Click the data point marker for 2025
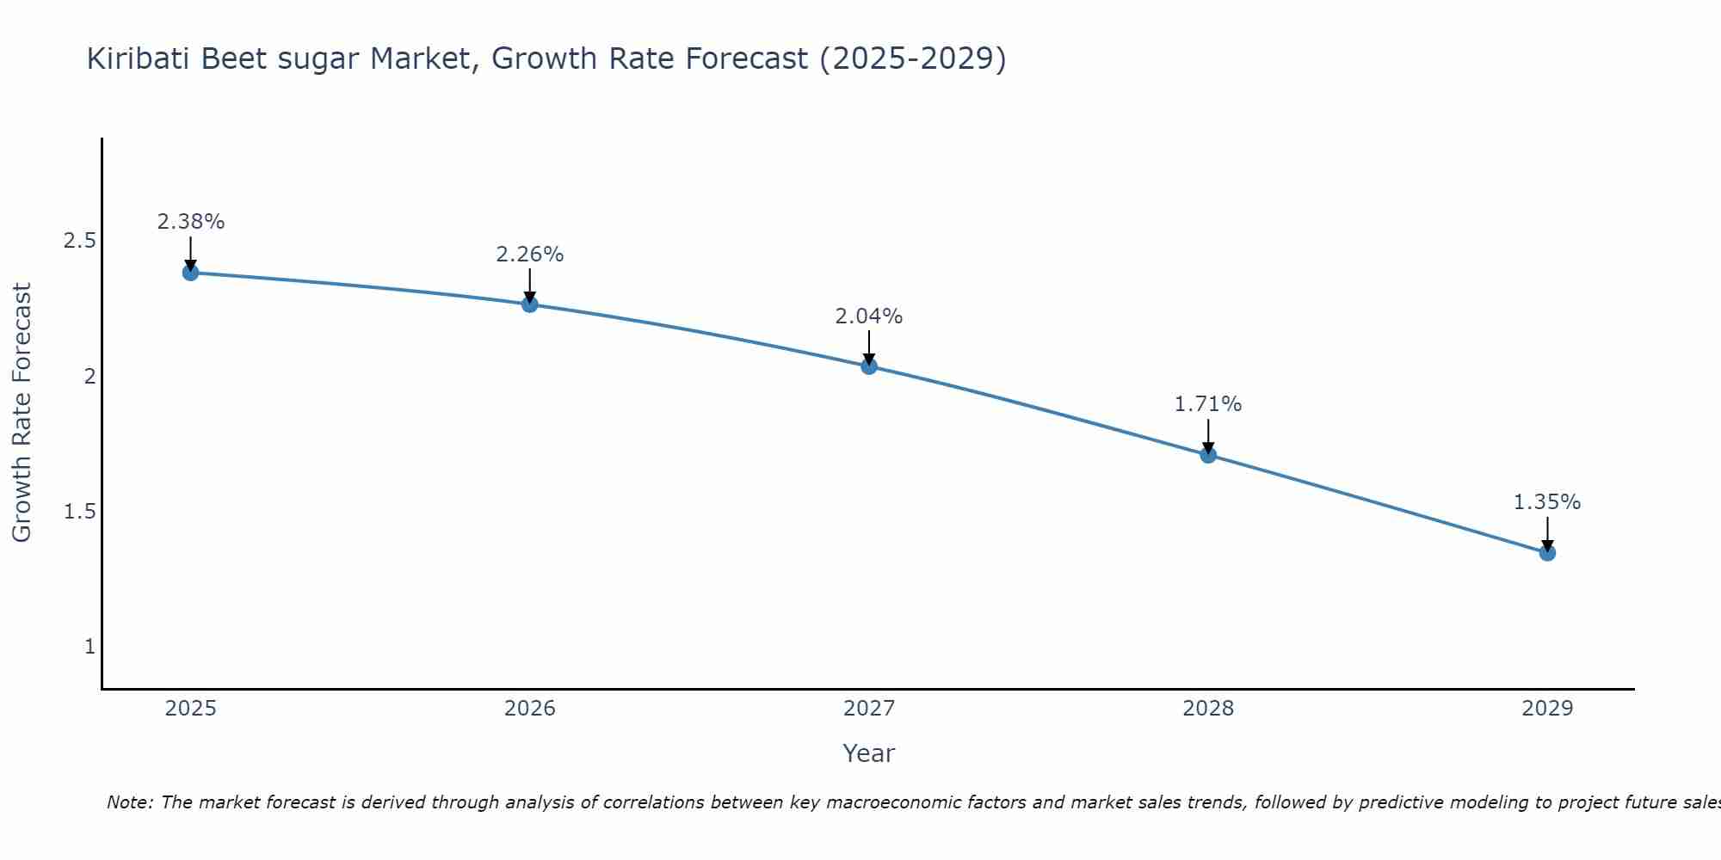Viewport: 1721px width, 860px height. point(190,273)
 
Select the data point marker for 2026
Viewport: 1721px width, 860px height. point(529,304)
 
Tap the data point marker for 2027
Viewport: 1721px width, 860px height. point(869,366)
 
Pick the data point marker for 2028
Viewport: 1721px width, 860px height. point(1208,455)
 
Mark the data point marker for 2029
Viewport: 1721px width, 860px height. point(1547,553)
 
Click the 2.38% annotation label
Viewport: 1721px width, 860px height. point(190,222)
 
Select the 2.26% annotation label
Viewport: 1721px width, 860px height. point(529,255)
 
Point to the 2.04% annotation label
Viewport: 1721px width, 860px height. point(869,316)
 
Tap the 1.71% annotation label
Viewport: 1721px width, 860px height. point(1208,404)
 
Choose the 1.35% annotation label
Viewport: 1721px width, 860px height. point(1547,502)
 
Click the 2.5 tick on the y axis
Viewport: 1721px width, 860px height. point(79,241)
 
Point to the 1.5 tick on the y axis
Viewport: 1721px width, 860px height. point(79,512)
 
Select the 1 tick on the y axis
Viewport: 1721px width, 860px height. point(89,647)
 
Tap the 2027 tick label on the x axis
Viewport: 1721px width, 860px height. point(869,709)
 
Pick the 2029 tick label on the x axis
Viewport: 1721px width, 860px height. point(1547,709)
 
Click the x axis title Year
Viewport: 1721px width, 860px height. point(869,753)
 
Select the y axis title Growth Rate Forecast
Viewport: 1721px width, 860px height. point(22,413)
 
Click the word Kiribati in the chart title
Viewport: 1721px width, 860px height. point(139,59)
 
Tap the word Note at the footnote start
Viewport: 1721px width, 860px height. point(129,802)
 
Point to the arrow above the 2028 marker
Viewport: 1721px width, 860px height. point(1208,435)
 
